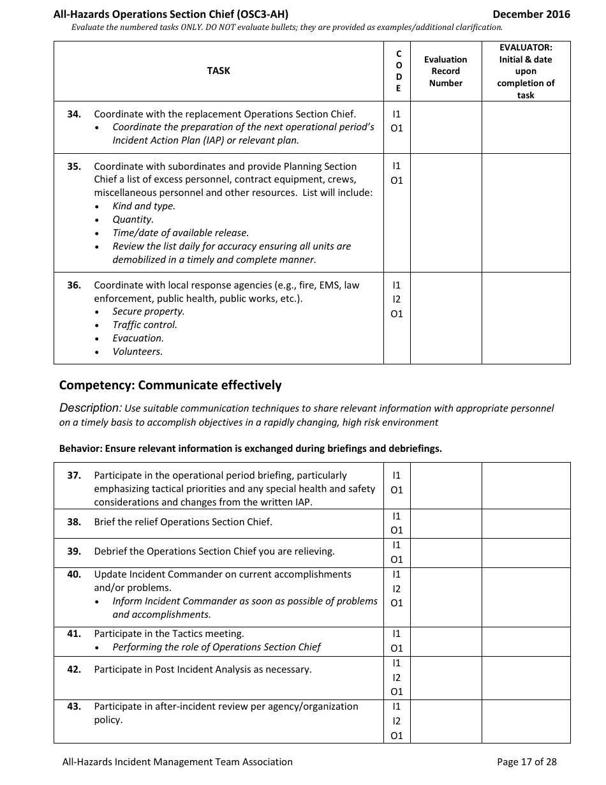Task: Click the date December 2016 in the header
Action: click(531, 14)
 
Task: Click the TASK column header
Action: click(218, 71)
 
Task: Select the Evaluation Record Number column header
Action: click(445, 71)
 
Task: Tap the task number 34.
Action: click(74, 114)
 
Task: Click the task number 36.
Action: click(74, 285)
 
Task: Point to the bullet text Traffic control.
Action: click(145, 325)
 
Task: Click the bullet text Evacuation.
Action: click(138, 338)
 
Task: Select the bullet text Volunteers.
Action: click(137, 352)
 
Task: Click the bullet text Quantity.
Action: click(133, 220)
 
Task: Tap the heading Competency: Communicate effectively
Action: click(170, 385)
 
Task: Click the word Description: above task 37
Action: click(90, 408)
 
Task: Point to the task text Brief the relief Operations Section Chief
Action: click(183, 522)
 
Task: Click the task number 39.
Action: click(74, 551)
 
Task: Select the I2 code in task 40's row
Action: click(397, 589)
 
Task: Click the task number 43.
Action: click(74, 706)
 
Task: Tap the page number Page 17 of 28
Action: click(526, 761)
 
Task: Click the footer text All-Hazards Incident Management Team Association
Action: click(177, 761)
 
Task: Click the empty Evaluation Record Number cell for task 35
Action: click(445, 213)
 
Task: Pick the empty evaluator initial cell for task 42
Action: click(526, 678)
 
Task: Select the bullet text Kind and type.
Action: click(144, 206)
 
